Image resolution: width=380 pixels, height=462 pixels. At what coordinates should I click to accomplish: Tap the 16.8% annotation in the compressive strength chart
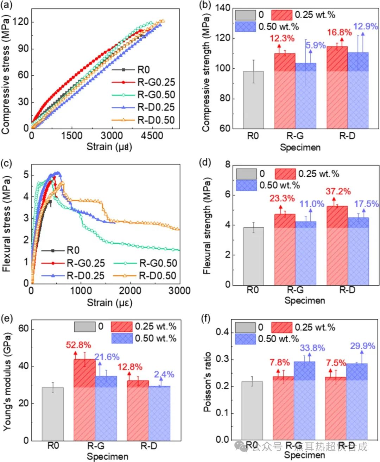(x=339, y=32)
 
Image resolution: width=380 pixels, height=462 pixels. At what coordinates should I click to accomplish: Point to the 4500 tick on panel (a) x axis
(x=152, y=136)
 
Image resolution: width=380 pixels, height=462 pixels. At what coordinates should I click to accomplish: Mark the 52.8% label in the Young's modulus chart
(x=78, y=345)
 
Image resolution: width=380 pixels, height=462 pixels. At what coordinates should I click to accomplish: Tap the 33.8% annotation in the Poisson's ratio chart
(x=312, y=348)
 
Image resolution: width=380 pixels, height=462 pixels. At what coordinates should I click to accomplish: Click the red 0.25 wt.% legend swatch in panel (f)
(x=281, y=327)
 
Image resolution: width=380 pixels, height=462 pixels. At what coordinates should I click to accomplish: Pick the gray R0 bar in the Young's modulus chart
(x=53, y=414)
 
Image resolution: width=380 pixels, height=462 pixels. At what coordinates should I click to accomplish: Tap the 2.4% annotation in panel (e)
(x=164, y=374)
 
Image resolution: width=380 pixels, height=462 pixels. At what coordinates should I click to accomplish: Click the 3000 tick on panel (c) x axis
(x=179, y=291)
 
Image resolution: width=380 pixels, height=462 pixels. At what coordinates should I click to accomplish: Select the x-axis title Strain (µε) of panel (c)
(x=109, y=302)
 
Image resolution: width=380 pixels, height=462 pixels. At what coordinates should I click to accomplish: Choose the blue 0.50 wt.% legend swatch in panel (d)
(x=246, y=185)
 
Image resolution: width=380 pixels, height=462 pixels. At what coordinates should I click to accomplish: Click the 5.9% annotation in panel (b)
(x=315, y=45)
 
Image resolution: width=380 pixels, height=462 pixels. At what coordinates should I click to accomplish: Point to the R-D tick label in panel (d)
(x=347, y=290)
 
